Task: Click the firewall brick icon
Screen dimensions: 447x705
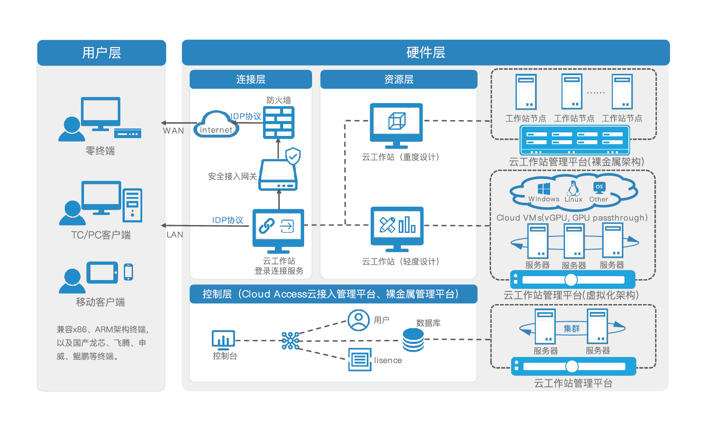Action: pos(278,123)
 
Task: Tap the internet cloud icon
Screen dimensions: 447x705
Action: pos(216,125)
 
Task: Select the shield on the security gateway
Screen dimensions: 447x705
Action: pos(293,156)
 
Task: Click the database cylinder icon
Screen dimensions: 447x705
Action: pos(413,340)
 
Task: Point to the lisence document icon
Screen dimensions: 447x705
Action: pos(360,360)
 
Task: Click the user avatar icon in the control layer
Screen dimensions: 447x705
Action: pos(358,320)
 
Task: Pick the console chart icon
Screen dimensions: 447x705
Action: pos(223,339)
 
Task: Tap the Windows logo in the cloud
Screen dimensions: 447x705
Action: pos(544,189)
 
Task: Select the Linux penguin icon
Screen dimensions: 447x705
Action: pos(573,188)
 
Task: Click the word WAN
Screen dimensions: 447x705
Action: pos(173,131)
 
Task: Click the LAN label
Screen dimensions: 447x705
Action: pos(175,235)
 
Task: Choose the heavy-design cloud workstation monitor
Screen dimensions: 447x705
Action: pos(396,125)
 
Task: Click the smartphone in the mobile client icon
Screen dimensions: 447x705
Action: pos(128,272)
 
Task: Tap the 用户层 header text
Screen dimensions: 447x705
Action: pos(102,53)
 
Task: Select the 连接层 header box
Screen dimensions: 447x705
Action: pos(251,79)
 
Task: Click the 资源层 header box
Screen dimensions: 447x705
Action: pos(399,79)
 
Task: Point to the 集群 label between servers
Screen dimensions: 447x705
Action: pos(572,329)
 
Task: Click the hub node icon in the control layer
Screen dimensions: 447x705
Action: pos(290,340)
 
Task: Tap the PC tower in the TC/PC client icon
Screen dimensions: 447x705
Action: pos(133,205)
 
